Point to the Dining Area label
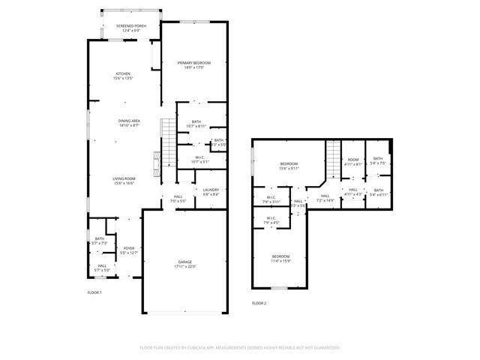coord(129,123)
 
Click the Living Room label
coord(124,180)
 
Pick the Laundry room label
coord(211,191)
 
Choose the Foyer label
coord(129,250)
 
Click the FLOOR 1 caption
coord(94,292)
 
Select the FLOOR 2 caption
coord(259,303)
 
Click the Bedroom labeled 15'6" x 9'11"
coord(289,166)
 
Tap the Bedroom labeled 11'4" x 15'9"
coord(280,259)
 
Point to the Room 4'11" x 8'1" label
coord(352,160)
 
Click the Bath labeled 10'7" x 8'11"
coord(196,124)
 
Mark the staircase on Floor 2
coord(332,157)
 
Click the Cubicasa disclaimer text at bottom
coord(240,347)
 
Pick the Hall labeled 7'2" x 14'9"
coord(325,198)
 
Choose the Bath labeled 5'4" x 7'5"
coord(377,160)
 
